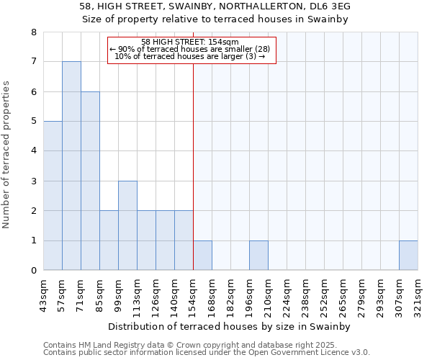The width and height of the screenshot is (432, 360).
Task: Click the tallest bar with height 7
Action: coord(71,166)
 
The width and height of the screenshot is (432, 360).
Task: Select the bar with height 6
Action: coord(90,181)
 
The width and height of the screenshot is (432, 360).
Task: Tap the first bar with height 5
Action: coord(53,196)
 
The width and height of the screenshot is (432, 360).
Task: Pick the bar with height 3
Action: coord(127,225)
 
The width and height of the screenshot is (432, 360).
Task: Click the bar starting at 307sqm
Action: coord(408,256)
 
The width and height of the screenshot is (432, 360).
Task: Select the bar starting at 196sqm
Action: coord(258,256)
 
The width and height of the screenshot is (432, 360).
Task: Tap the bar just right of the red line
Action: coord(202,256)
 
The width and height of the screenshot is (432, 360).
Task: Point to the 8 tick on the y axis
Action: coord(33,32)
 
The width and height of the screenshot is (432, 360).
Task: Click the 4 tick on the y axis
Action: coord(33,151)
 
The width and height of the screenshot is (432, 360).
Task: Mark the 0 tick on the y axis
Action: coord(33,271)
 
